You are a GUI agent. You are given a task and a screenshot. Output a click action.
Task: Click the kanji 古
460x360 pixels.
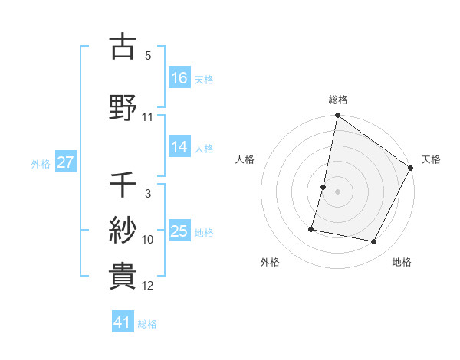[x=123, y=47]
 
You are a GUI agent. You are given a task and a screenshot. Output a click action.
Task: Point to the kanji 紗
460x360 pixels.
[x=123, y=230]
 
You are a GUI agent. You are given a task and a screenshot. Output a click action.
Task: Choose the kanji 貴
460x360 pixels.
[x=123, y=276]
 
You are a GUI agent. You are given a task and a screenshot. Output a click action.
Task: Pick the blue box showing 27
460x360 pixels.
[x=66, y=162]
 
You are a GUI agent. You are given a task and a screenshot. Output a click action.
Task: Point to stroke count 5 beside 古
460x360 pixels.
[x=148, y=56]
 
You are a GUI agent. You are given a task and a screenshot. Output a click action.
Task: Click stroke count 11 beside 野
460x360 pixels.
[x=148, y=117]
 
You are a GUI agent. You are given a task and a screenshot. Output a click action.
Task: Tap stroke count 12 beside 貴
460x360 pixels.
[x=148, y=286]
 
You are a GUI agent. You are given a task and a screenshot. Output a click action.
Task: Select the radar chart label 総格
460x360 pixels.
[x=338, y=100]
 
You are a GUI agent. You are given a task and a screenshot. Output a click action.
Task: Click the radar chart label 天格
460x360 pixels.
[x=431, y=159]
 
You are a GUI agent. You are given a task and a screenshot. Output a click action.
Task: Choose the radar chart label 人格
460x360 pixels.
[x=245, y=159]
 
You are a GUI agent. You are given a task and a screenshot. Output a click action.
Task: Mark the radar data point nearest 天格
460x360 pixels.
[x=412, y=169]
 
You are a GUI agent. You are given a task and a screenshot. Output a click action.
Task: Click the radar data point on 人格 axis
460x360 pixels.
[x=324, y=187]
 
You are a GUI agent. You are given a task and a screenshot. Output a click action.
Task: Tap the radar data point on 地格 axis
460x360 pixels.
[x=374, y=242]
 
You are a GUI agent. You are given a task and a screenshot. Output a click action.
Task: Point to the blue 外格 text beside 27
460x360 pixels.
[x=41, y=163]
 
